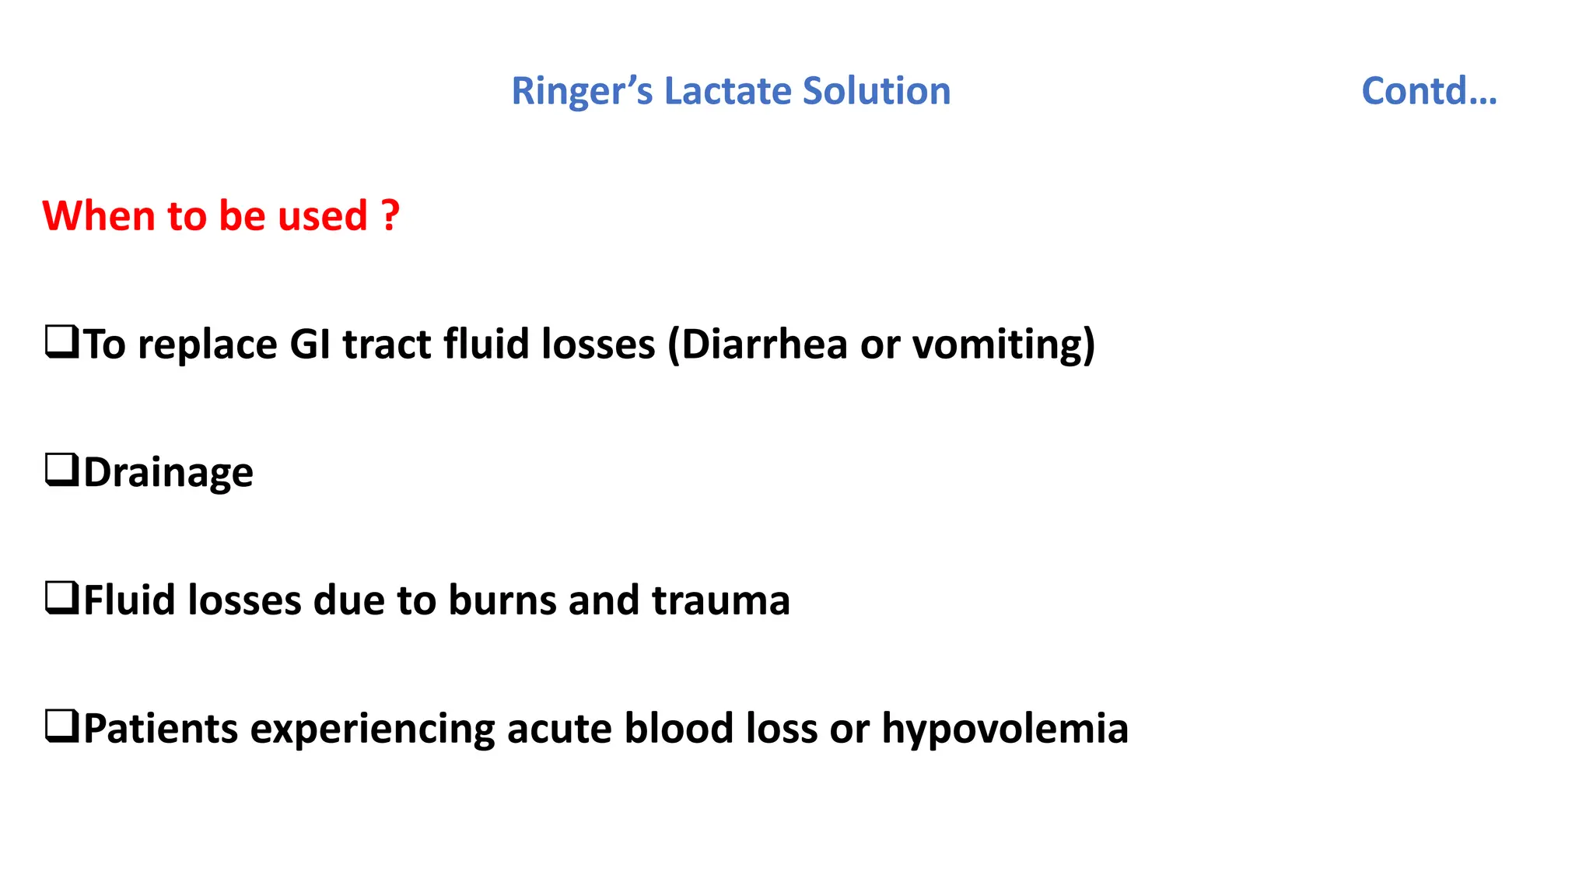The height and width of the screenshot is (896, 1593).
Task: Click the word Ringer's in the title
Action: coord(582,92)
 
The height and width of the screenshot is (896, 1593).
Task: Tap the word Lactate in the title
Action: coord(727,91)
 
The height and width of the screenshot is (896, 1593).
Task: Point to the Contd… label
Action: coord(1429,91)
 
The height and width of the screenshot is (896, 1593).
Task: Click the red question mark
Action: coord(390,215)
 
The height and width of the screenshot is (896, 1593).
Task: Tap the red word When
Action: coord(98,215)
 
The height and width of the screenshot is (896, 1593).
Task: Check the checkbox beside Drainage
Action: coord(61,470)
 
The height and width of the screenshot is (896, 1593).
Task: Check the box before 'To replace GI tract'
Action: coord(61,341)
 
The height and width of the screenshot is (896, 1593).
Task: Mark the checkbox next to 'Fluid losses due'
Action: coord(61,598)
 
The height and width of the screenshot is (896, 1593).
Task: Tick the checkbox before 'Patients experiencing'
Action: coord(61,726)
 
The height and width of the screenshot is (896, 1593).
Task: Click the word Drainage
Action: coord(168,472)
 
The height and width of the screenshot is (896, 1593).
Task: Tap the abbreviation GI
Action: coord(310,344)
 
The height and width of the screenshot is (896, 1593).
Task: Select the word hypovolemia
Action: coord(1004,729)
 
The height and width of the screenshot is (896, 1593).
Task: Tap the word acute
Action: coord(559,729)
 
